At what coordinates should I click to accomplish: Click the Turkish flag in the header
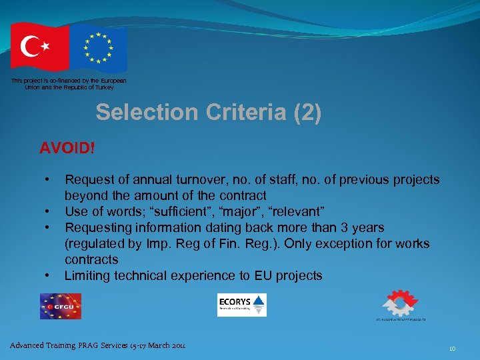click(x=39, y=46)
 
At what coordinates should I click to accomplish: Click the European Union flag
click(x=98, y=48)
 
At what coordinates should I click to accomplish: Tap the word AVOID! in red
click(x=67, y=147)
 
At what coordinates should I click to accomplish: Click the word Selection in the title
click(x=146, y=113)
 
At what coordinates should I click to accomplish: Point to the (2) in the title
click(x=307, y=113)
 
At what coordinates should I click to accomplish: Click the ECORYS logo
click(x=242, y=305)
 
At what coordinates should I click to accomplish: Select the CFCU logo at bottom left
click(x=60, y=306)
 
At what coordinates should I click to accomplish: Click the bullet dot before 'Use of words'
click(x=47, y=212)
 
